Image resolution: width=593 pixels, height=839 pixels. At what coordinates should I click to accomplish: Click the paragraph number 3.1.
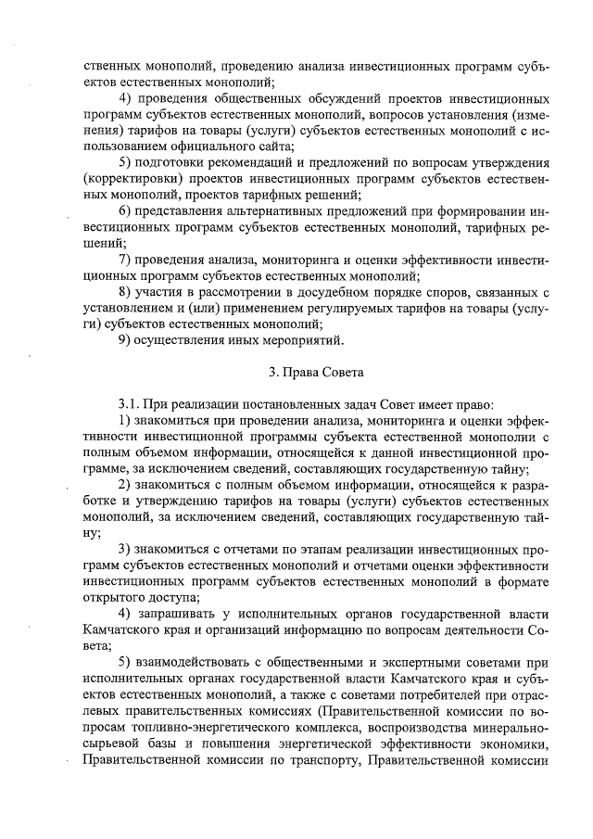tap(129, 404)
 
